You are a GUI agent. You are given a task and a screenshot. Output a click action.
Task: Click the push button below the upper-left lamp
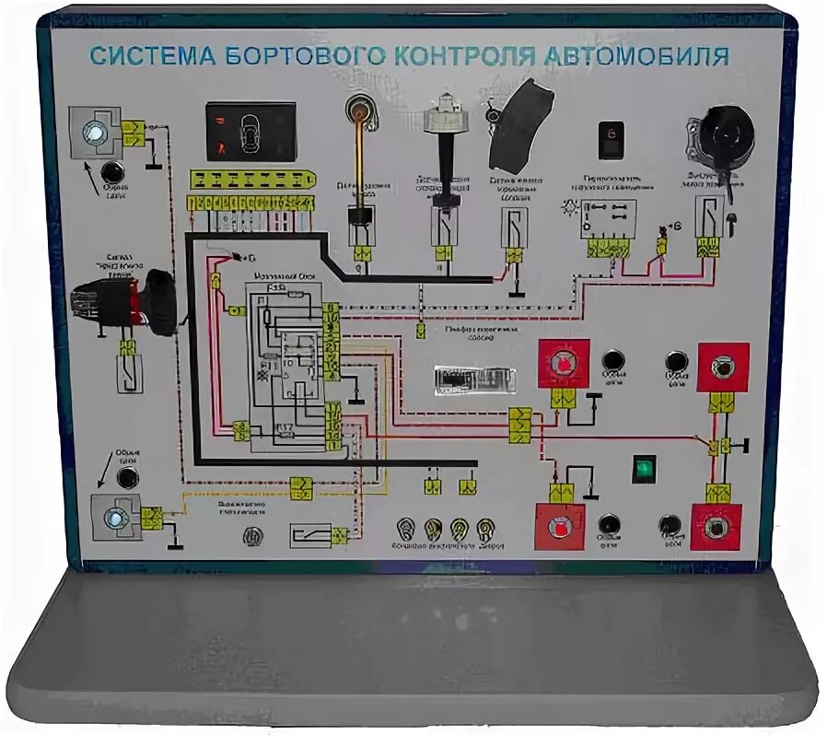coord(114,172)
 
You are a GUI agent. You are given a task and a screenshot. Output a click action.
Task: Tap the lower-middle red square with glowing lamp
coord(561,528)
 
